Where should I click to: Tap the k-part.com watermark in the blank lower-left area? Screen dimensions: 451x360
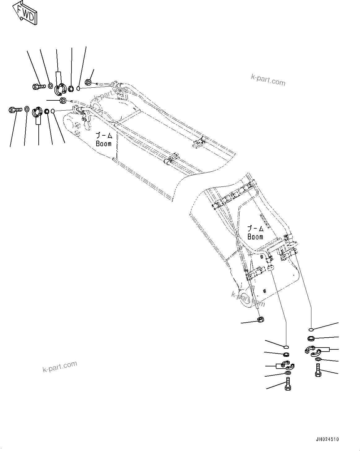pos(60,367)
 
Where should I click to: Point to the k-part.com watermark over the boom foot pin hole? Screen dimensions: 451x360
pos(248,299)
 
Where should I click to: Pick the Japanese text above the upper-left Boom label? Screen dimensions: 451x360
pos(103,135)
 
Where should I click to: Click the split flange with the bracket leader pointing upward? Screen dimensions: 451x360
pos(60,89)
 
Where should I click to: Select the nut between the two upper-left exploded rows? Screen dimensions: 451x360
pos(63,100)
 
